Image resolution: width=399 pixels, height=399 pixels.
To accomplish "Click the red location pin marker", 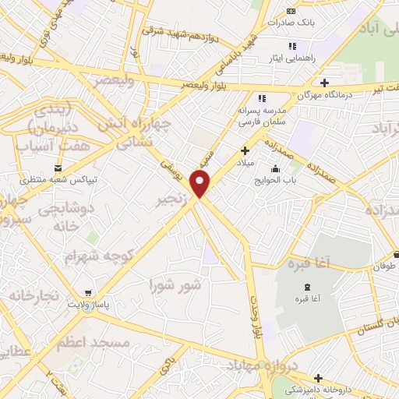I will coord(201,184).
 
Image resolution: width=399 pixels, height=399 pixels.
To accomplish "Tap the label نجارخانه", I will coord(34,297).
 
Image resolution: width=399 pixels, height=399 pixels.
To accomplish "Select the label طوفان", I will coord(384,265).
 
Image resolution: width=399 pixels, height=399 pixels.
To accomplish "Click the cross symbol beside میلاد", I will coord(245,150).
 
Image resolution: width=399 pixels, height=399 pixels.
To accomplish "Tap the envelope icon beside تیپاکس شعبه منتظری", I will coord(58,168).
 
